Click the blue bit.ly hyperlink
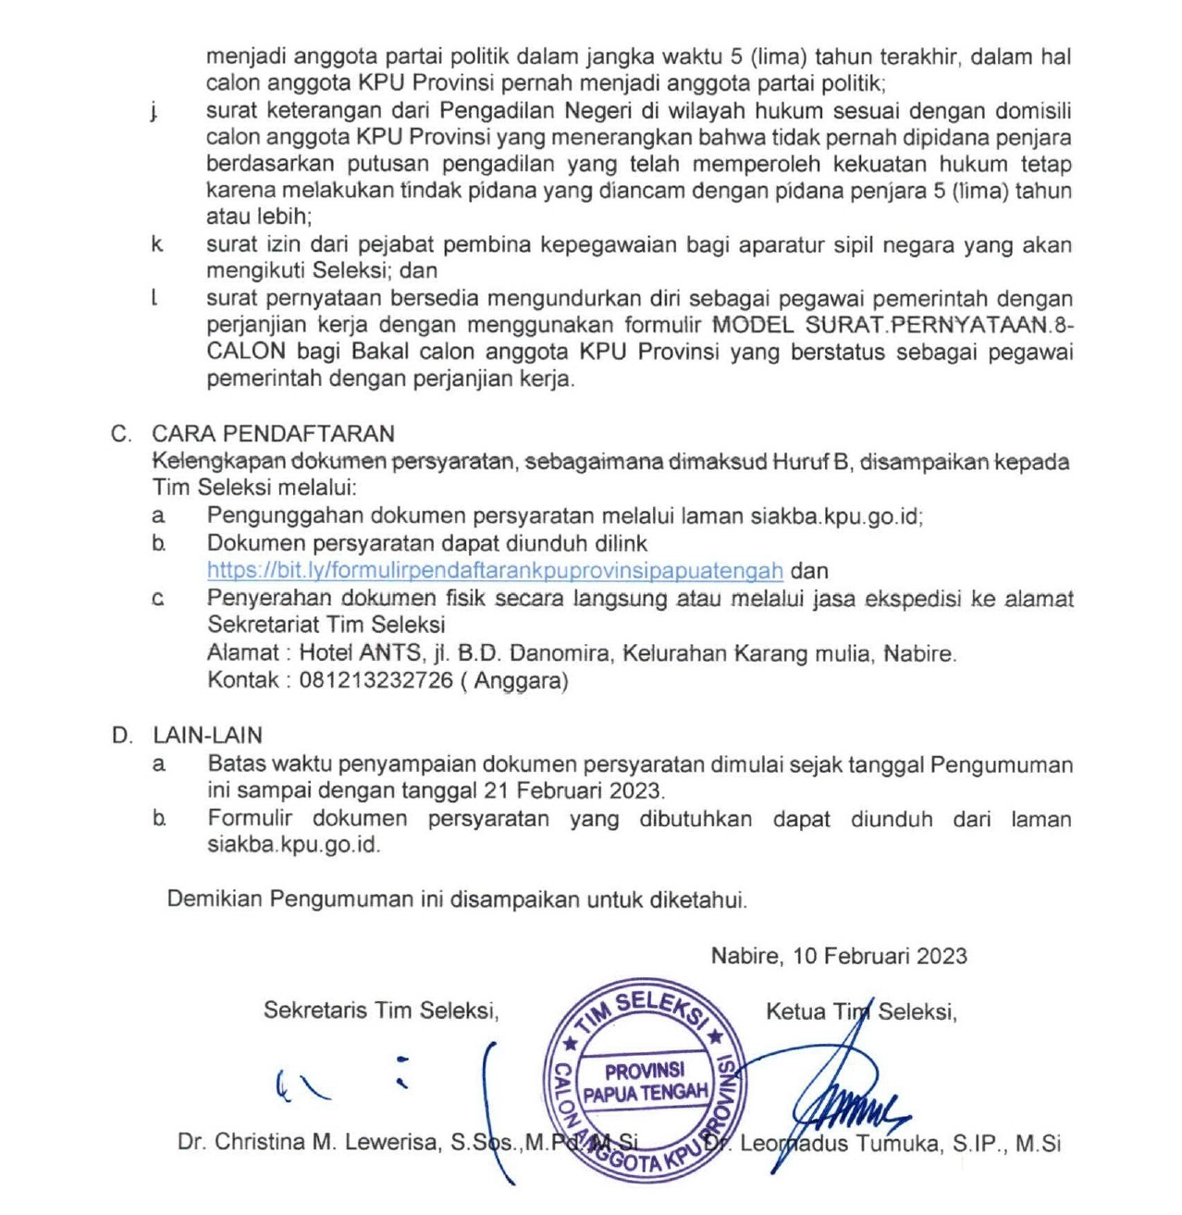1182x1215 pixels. pyautogui.click(x=495, y=571)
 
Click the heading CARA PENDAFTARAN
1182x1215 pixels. pyautogui.click(x=274, y=433)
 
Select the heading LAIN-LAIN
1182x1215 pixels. pyautogui.click(x=208, y=736)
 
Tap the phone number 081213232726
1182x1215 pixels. pyautogui.click(x=376, y=681)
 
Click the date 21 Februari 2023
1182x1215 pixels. pyautogui.click(x=573, y=791)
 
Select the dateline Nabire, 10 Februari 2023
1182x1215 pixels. pyautogui.click(x=839, y=956)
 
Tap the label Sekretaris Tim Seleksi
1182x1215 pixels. pyautogui.click(x=381, y=1010)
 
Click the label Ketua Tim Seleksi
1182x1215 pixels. pyautogui.click(x=861, y=1011)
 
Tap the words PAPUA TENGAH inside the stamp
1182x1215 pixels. pyautogui.click(x=645, y=1093)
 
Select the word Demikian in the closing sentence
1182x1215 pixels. pyautogui.click(x=215, y=899)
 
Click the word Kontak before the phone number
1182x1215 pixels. pyautogui.click(x=242, y=681)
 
